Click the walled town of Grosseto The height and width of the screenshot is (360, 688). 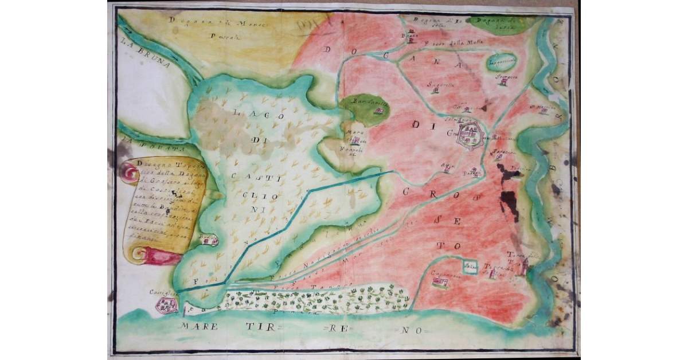(x=471, y=136)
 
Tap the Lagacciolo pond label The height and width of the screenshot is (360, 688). (x=502, y=61)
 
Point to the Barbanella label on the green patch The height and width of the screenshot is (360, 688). (x=363, y=103)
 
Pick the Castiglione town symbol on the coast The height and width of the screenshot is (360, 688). (x=166, y=307)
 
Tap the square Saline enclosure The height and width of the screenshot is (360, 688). (x=470, y=267)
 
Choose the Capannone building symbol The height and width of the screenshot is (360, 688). (x=440, y=282)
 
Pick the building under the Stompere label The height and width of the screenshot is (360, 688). (x=503, y=82)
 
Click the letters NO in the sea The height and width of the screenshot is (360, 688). (x=407, y=331)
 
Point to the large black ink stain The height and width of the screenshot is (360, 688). (x=509, y=201)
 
